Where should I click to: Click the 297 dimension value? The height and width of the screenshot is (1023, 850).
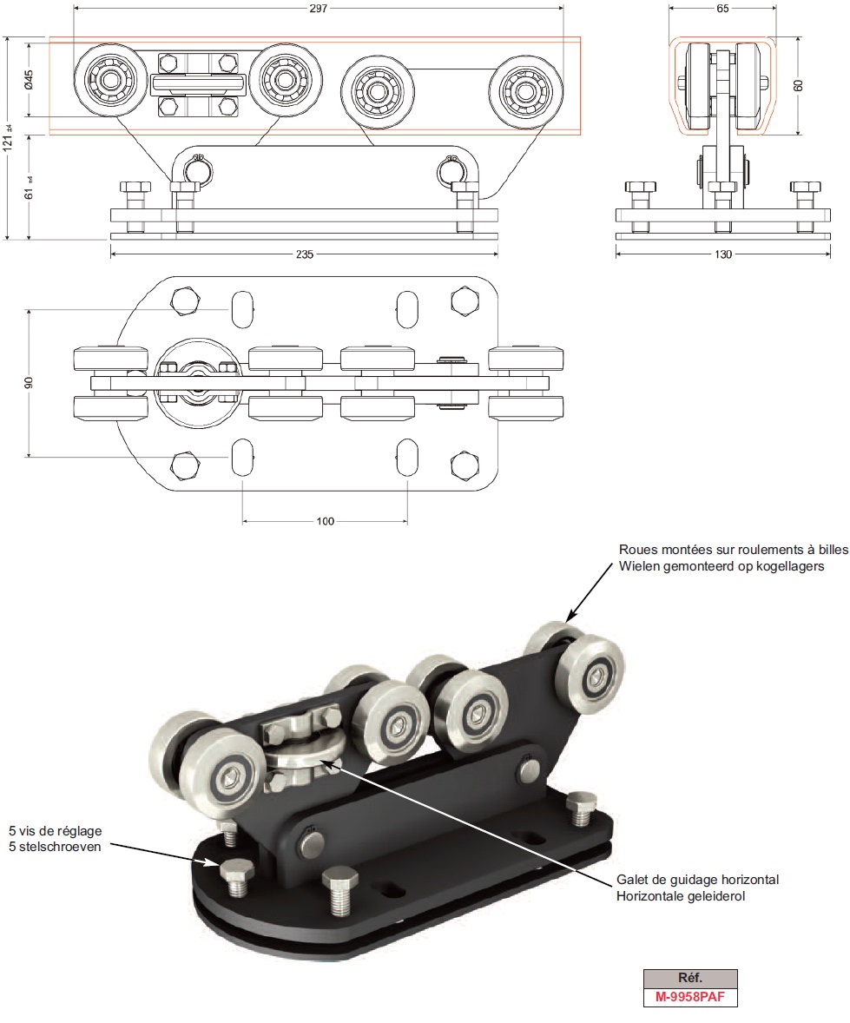tap(320, 8)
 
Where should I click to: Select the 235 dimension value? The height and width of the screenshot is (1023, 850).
tap(303, 254)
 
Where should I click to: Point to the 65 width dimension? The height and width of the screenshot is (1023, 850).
tap(722, 8)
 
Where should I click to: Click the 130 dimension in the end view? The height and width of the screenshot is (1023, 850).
tap(722, 254)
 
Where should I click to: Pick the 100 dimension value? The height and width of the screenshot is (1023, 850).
tap(324, 521)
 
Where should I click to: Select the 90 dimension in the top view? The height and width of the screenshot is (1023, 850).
tap(30, 383)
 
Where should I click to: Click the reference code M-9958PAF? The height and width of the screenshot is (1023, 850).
tap(690, 998)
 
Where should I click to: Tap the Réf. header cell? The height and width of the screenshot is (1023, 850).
tap(690, 977)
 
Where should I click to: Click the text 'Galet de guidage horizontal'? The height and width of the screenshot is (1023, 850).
tap(697, 880)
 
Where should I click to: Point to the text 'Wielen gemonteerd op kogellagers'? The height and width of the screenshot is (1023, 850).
tap(721, 566)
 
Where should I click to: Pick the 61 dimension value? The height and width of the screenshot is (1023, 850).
tap(29, 188)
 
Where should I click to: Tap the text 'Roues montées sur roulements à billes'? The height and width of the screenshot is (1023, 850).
tap(732, 550)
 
